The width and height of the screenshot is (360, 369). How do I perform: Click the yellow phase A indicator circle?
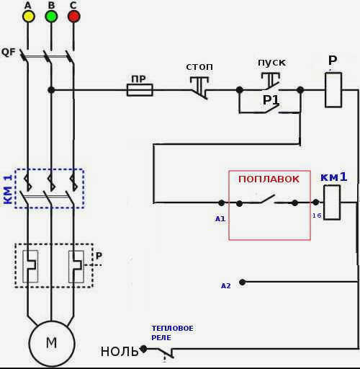tap(29, 17)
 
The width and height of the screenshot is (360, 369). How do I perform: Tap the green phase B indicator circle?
tap(51, 17)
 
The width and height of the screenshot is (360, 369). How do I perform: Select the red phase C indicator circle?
tap(73, 17)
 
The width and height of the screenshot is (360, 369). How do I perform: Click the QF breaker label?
tap(9, 52)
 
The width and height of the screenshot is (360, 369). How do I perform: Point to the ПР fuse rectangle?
tap(140, 90)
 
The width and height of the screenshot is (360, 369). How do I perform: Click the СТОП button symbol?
tap(199, 88)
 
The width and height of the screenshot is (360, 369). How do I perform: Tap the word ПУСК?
tap(272, 63)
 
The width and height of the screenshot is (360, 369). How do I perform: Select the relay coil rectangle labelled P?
tap(333, 90)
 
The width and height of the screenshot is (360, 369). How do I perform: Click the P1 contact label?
tap(271, 100)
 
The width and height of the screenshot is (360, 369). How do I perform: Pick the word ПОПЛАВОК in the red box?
tap(269, 179)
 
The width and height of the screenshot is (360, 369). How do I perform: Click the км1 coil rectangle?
tap(332, 203)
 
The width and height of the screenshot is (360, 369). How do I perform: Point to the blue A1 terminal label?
tap(220, 219)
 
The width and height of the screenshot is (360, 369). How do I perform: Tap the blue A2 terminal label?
tap(225, 286)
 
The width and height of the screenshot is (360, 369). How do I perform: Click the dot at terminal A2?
tap(243, 282)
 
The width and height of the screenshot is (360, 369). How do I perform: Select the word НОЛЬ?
tap(120, 352)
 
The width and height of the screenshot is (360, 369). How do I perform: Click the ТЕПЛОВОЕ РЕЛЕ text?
tap(172, 333)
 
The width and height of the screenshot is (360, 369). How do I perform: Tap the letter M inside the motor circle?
tap(52, 343)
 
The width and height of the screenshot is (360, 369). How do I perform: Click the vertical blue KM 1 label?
tap(8, 190)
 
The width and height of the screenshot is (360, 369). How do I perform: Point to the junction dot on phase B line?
tap(51, 90)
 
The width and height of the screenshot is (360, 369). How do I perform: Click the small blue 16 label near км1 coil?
tap(317, 215)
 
